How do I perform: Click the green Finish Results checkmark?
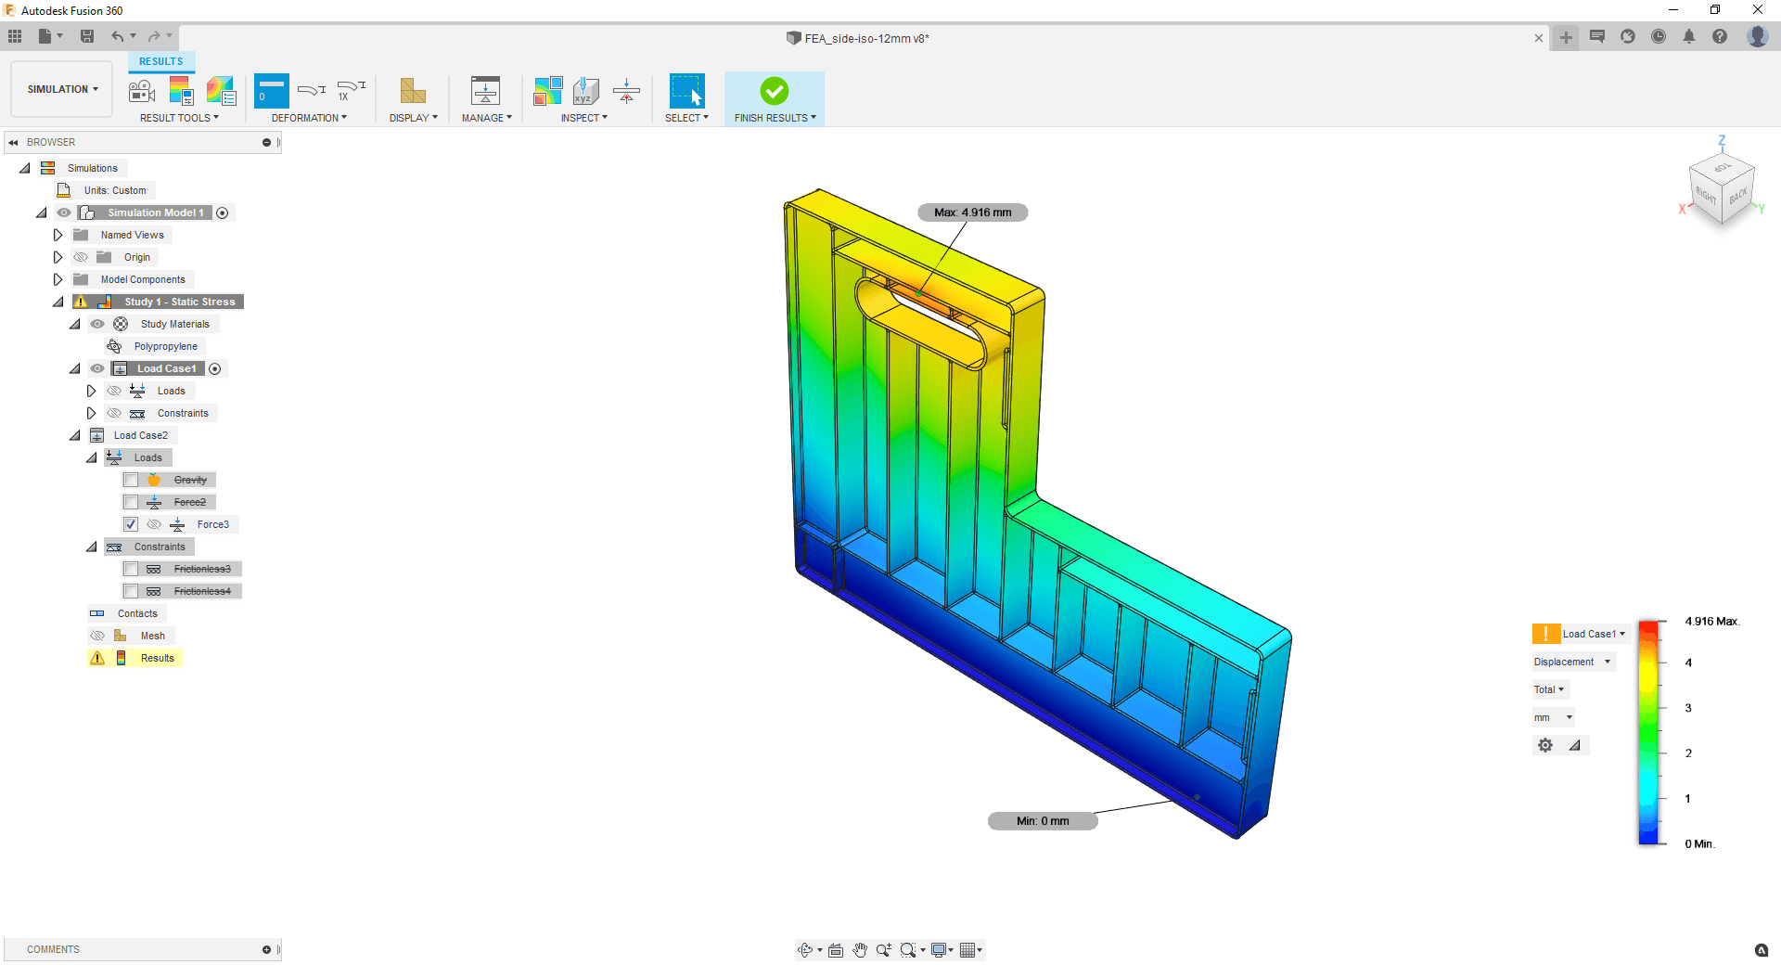[x=775, y=91]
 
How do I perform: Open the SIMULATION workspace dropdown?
[x=62, y=89]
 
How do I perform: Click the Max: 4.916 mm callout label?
[x=973, y=212]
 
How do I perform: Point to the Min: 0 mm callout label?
[x=1043, y=821]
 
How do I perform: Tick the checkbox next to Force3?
[x=131, y=524]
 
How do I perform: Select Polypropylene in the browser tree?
[x=165, y=346]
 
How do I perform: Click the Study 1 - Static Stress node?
[x=180, y=302]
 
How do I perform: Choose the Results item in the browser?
[x=157, y=658]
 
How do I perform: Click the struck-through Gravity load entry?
[x=190, y=480]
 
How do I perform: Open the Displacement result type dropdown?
[x=1572, y=662]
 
